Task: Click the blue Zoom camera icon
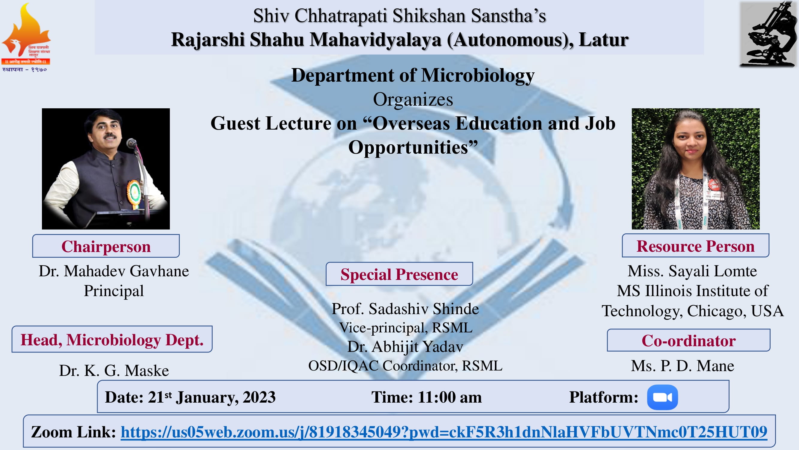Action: (x=662, y=397)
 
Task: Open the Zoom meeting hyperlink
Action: (x=444, y=432)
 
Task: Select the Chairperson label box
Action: (x=106, y=246)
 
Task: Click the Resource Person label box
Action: (x=695, y=246)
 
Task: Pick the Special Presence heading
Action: (x=399, y=274)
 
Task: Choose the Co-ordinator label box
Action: (x=688, y=340)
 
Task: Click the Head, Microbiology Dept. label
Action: (x=112, y=339)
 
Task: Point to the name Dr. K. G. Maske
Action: (x=114, y=370)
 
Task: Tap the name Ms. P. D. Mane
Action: (x=682, y=365)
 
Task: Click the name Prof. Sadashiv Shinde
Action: (x=405, y=309)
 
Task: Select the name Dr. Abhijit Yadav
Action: (x=405, y=346)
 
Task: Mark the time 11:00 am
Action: (x=450, y=397)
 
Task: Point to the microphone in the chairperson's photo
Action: (x=132, y=143)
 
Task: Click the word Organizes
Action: (x=413, y=99)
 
